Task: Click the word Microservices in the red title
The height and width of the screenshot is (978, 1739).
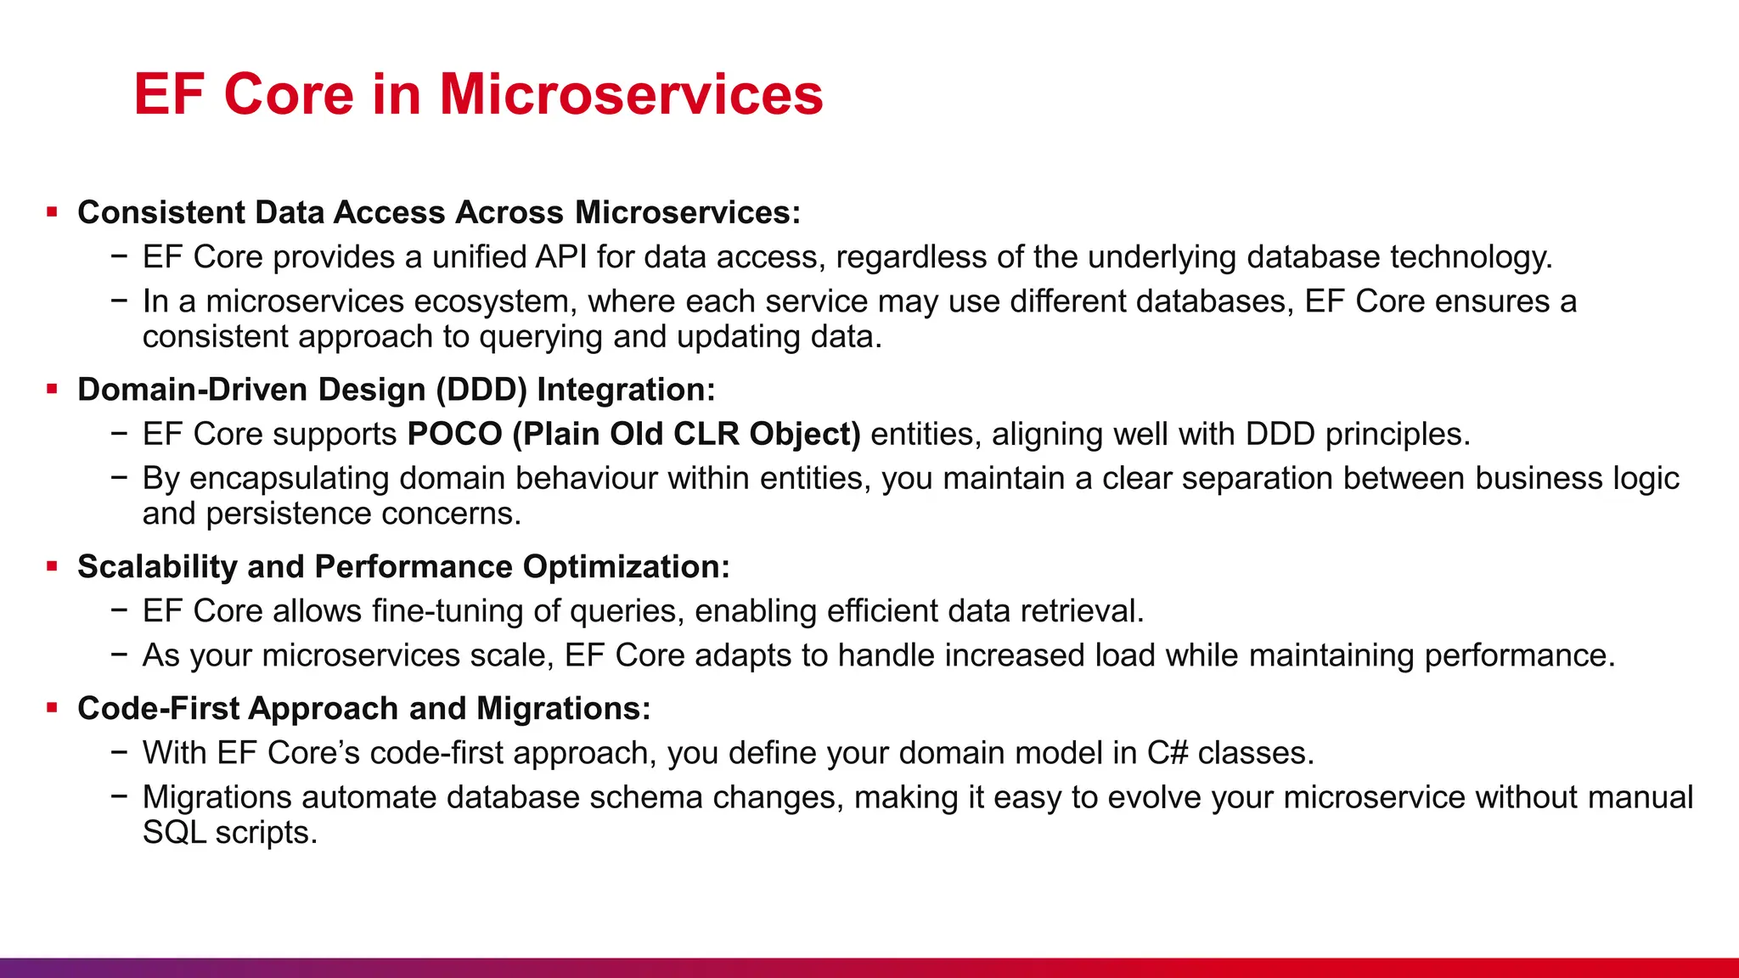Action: click(631, 94)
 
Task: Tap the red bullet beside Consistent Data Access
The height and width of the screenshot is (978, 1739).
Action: click(53, 212)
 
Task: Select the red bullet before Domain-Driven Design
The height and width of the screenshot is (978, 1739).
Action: click(53, 390)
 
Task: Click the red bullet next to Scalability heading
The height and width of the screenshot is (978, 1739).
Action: click(53, 566)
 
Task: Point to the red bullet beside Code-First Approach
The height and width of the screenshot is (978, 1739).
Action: click(53, 708)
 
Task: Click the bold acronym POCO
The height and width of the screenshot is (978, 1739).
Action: click(455, 434)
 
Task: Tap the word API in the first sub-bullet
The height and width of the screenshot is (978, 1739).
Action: click(561, 256)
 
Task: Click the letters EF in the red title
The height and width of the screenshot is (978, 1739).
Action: click(169, 94)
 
